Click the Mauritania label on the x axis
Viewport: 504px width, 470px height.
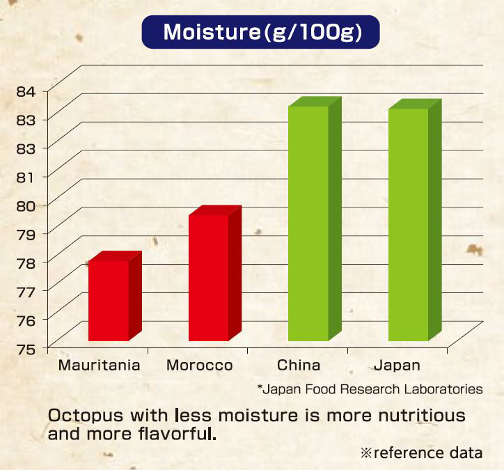[100, 365]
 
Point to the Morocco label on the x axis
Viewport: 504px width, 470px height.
[200, 365]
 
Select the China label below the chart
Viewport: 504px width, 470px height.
[299, 365]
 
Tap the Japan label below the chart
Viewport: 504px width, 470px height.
[397, 366]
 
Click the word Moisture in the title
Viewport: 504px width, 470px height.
[212, 32]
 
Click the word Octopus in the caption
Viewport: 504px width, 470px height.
[86, 416]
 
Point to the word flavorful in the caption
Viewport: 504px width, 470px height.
[178, 434]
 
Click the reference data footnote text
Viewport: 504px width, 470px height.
[422, 453]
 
